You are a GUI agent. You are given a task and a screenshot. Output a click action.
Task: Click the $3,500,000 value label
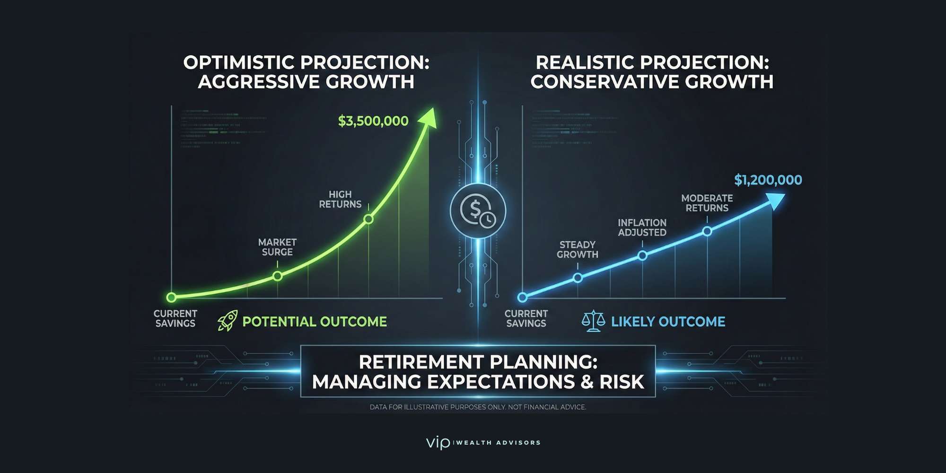pos(373,121)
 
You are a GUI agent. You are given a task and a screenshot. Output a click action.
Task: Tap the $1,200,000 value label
pos(768,180)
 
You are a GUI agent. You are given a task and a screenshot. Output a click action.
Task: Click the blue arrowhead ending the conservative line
pos(776,200)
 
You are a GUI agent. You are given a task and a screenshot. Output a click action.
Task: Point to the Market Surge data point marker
pos(278,276)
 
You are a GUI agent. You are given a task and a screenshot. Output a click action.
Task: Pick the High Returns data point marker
pos(368,219)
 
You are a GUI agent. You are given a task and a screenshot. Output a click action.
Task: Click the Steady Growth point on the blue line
pos(578,278)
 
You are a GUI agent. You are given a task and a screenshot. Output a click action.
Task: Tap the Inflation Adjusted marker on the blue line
pos(642,255)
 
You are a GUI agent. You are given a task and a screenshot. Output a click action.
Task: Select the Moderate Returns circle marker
pos(707,231)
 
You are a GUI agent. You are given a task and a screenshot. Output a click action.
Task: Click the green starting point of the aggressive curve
pos(171,298)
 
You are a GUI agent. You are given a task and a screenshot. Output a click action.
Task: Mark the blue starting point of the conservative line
pos(522,298)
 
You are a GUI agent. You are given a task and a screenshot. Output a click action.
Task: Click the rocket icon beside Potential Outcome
pos(228,321)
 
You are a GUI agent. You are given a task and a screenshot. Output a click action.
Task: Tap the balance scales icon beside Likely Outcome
pos(593,321)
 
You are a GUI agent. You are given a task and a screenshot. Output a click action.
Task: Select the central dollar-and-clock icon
pos(478,211)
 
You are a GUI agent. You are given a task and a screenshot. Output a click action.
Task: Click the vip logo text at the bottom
pos(438,443)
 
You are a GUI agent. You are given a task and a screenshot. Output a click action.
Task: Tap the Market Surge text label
pos(277,247)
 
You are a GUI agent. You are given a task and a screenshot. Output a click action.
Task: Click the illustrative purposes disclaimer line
pos(478,407)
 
